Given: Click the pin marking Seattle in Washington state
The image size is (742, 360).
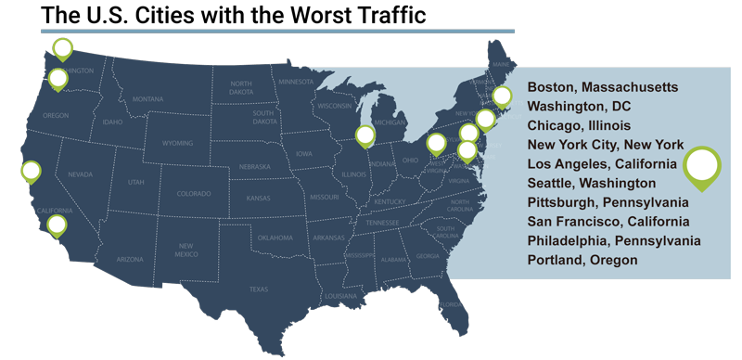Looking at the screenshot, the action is tap(62, 48).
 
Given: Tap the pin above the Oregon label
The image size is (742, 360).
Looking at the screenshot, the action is tap(58, 79).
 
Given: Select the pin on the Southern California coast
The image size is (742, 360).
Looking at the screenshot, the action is tap(57, 225).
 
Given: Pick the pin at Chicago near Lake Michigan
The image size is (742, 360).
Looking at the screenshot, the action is tap(365, 135).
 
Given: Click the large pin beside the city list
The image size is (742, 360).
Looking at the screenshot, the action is tap(702, 167).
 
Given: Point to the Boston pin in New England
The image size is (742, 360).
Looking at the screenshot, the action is tap(502, 96).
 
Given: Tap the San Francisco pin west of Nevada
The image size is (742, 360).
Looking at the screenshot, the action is tap(31, 172).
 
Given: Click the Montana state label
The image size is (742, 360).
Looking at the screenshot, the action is tap(147, 99).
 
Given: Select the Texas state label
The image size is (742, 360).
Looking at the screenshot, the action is tap(258, 289).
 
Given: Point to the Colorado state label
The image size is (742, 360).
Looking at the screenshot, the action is tap(194, 194).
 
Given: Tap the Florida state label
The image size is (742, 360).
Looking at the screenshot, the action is tap(451, 305).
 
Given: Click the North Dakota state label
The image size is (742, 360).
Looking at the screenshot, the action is tap(241, 87).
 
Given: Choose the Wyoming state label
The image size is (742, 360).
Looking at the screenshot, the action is tap(177, 144).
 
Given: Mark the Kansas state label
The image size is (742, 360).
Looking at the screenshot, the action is tap(259, 199).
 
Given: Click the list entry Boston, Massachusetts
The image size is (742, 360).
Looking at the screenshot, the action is tap(602, 87).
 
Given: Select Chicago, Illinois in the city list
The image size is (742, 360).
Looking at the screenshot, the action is tap(579, 125).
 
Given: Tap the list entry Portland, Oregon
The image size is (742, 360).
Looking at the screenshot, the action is tap(582, 261).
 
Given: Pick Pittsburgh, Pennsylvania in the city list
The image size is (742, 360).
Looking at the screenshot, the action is tap(608, 202).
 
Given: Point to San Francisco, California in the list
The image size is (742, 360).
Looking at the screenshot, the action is tap(608, 222).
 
